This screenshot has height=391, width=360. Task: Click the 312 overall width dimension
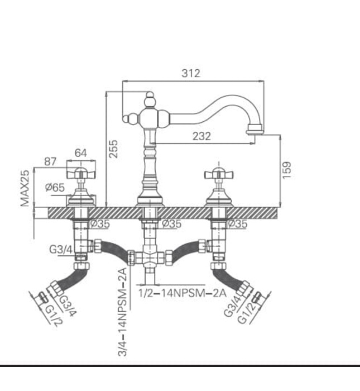click(190, 73)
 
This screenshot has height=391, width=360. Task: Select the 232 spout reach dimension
click(201, 136)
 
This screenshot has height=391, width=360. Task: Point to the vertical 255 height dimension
click(113, 148)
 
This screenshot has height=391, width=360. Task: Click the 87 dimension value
click(51, 161)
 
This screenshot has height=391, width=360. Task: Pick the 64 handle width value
click(81, 152)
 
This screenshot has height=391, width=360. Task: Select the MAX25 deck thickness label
click(25, 188)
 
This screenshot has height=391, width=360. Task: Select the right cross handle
click(216, 173)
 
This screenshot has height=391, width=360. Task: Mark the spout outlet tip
click(255, 131)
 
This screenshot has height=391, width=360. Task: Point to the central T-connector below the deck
click(148, 257)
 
